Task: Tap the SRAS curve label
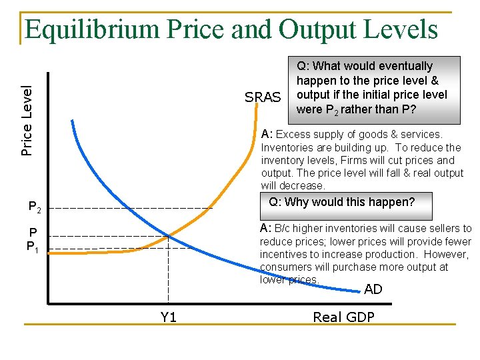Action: [263, 97]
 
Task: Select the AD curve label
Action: [373, 289]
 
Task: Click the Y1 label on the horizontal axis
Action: [169, 317]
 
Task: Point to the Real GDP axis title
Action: [343, 317]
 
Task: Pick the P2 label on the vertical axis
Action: [35, 209]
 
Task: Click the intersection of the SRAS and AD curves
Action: [169, 235]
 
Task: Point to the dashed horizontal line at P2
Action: [133, 209]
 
